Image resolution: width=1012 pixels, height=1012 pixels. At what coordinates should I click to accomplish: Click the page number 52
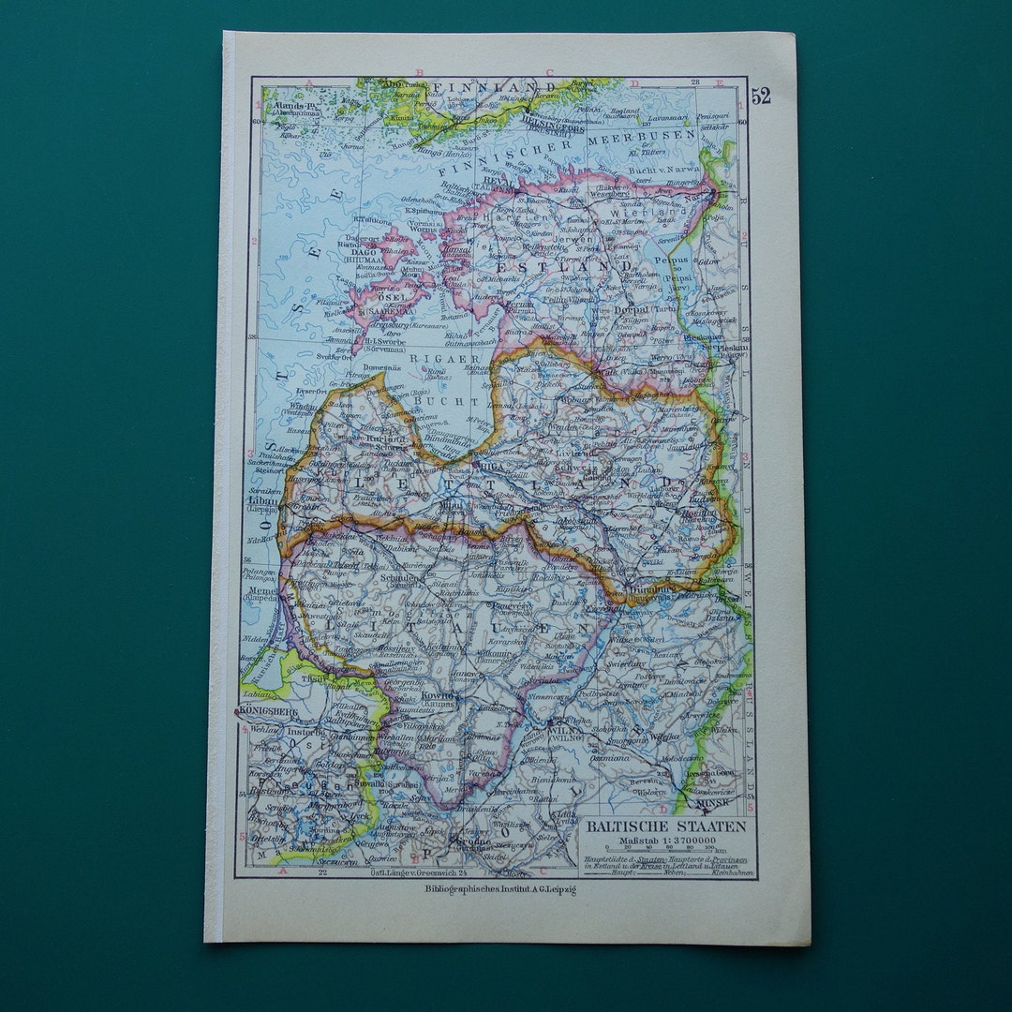(760, 96)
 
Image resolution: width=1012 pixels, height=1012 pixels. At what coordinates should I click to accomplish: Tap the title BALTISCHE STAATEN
(666, 826)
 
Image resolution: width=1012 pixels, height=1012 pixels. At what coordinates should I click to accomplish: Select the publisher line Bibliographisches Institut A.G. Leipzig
(500, 889)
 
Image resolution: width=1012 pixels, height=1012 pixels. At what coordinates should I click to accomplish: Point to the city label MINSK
(695, 804)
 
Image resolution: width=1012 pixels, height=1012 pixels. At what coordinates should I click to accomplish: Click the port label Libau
(261, 500)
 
